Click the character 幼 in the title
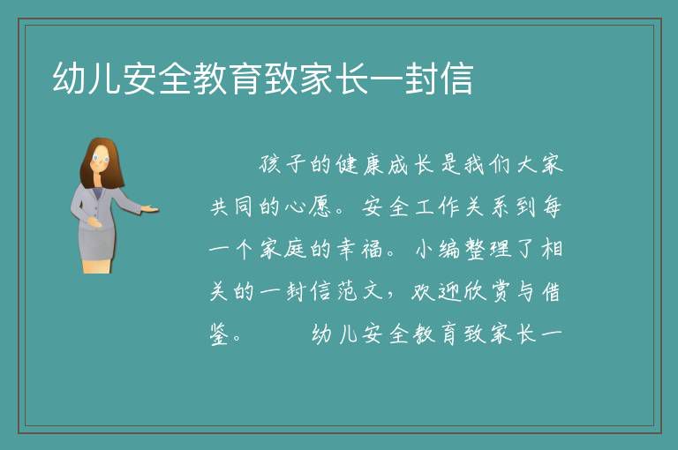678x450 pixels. pos(69,78)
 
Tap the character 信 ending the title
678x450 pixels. pos(456,78)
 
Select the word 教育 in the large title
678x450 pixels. pos(228,78)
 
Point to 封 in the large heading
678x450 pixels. pos(421,78)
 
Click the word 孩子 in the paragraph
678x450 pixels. pos(282,165)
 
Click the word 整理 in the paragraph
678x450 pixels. pos(487,249)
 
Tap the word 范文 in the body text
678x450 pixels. pos(359,291)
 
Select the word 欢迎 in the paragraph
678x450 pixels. pos(433,291)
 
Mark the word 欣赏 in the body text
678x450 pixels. pos(487,291)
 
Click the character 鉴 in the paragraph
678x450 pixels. pos(219,334)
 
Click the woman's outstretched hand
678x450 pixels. pos(150,209)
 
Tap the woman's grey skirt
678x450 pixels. pos(97,243)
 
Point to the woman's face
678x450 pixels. pos(101,159)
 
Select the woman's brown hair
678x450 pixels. pos(87,169)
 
